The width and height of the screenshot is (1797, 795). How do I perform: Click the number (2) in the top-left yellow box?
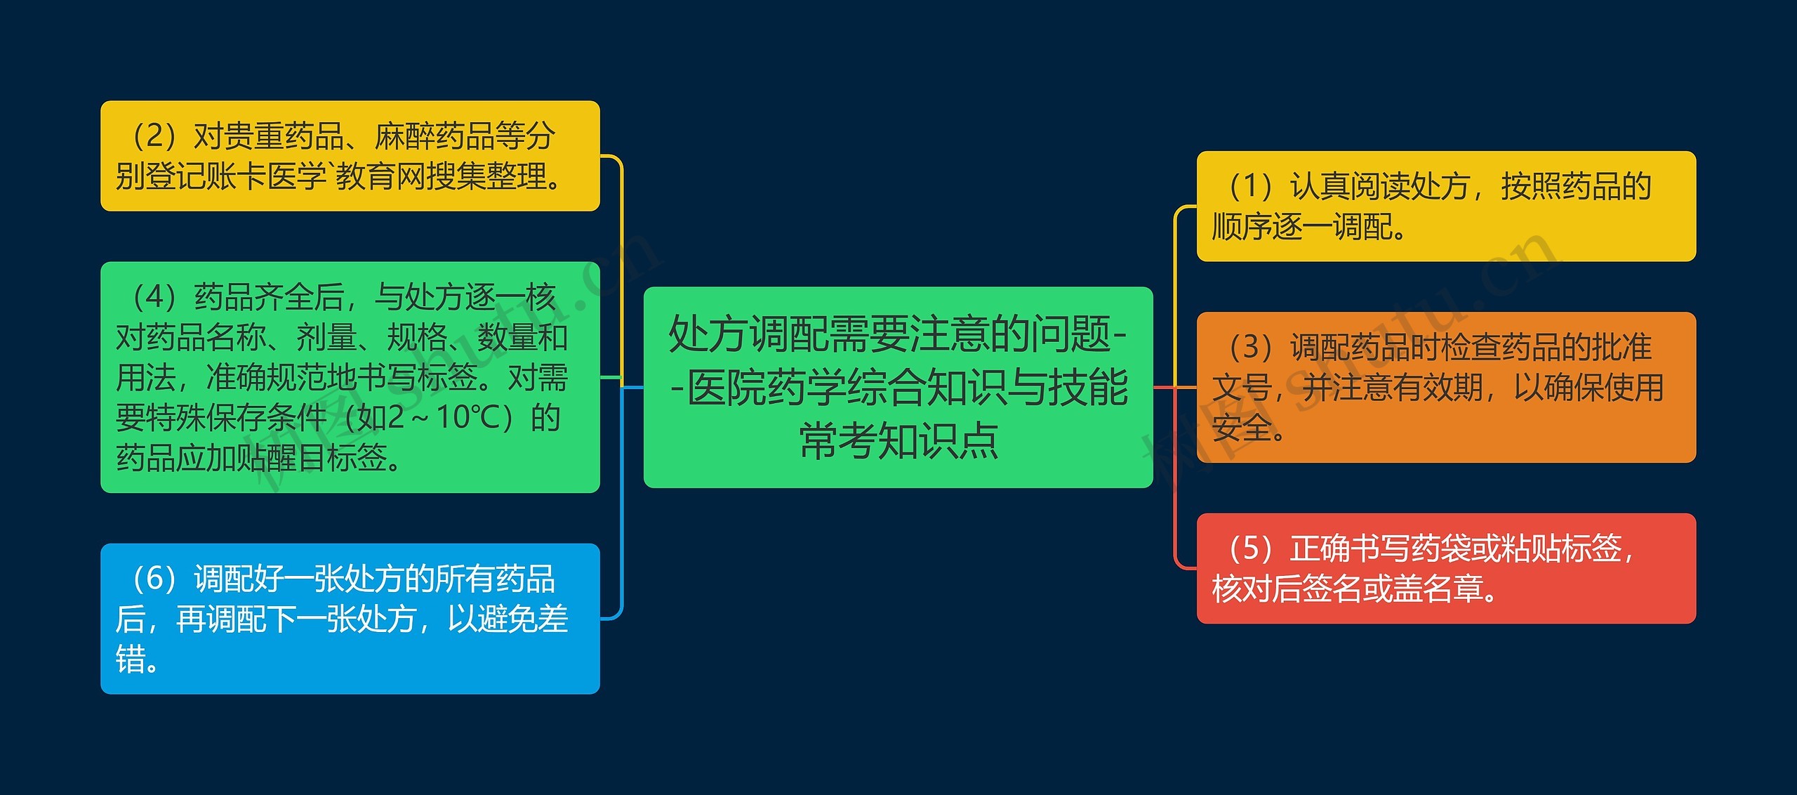[154, 136]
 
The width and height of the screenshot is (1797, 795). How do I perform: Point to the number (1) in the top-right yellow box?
[1250, 187]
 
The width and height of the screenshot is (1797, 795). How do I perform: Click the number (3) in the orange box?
[1250, 347]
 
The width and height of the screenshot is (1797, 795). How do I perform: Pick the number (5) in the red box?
[1250, 548]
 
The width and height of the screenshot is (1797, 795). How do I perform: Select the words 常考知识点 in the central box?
[898, 442]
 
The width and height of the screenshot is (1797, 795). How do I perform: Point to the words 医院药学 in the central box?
[766, 388]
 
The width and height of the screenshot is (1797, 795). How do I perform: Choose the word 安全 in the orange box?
[1242, 428]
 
